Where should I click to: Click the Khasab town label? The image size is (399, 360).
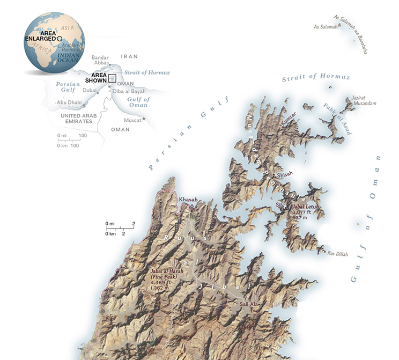pos(188,200)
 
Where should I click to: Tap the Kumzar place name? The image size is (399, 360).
pos(288,123)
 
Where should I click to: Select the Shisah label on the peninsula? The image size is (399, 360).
pos(285,175)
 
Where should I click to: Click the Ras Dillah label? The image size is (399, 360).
pos(338,253)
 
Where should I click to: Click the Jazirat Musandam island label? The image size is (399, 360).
pos(364,101)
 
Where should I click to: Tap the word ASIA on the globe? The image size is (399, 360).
pos(67,27)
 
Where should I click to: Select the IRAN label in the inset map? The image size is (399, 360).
pos(129,56)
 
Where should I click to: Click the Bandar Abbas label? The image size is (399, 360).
pos(100,60)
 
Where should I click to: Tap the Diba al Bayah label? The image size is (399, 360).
pos(128,91)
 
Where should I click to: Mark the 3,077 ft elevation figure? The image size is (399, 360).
pos(301,212)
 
